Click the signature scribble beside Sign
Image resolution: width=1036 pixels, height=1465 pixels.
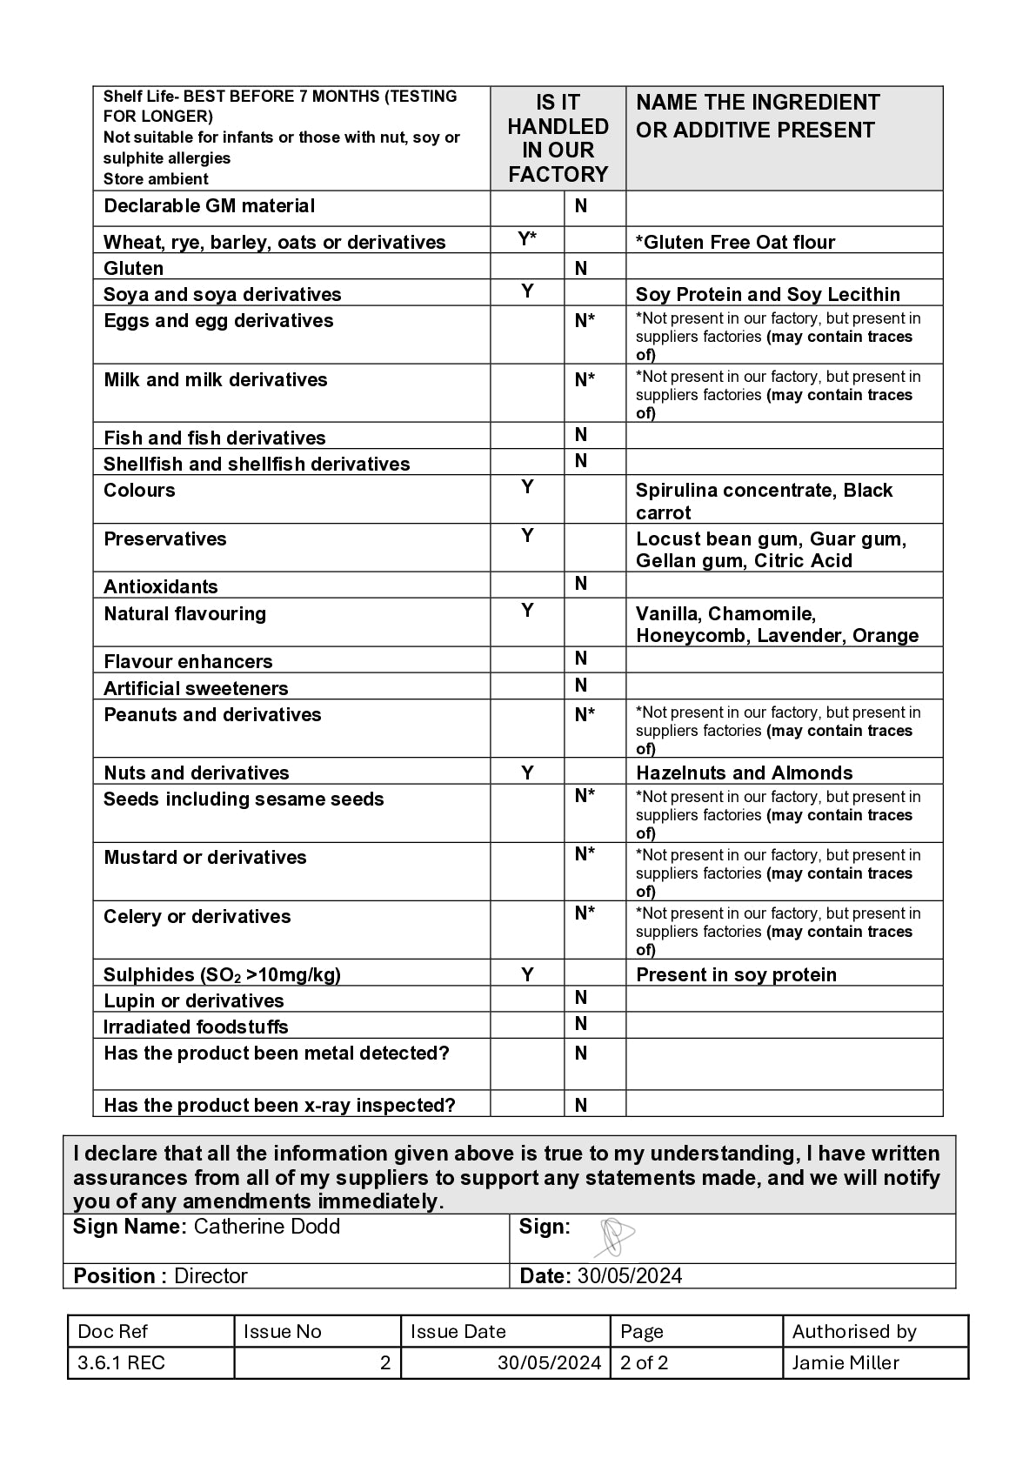(616, 1237)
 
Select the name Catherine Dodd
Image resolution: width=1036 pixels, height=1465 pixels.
(266, 1227)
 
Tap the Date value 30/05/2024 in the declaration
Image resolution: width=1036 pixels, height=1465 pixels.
(629, 1276)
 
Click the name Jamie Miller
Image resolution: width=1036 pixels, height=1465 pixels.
(846, 1363)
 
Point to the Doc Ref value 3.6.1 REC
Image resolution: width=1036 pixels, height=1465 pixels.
(121, 1363)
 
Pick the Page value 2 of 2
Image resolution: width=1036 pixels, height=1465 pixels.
(644, 1363)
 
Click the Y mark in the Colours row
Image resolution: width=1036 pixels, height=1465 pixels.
(527, 487)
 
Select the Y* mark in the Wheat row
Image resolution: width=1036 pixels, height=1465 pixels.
(527, 238)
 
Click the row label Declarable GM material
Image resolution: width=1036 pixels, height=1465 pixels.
(209, 206)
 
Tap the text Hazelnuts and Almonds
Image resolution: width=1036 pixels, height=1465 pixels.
(744, 773)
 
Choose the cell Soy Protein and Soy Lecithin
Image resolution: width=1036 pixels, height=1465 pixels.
(767, 294)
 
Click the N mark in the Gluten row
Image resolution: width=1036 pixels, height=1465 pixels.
(581, 268)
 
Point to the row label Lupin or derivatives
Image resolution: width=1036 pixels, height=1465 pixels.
(193, 1000)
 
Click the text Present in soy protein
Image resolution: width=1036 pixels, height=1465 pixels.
(736, 974)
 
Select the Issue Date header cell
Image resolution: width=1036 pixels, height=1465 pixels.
(458, 1332)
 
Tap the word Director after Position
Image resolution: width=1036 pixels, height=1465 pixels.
(211, 1276)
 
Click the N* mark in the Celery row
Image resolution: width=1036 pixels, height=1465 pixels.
(585, 913)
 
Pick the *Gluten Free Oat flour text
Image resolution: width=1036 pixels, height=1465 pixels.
(735, 242)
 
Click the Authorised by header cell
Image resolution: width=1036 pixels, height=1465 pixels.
(853, 1332)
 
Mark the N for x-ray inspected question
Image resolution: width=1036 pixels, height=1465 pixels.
(581, 1105)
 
